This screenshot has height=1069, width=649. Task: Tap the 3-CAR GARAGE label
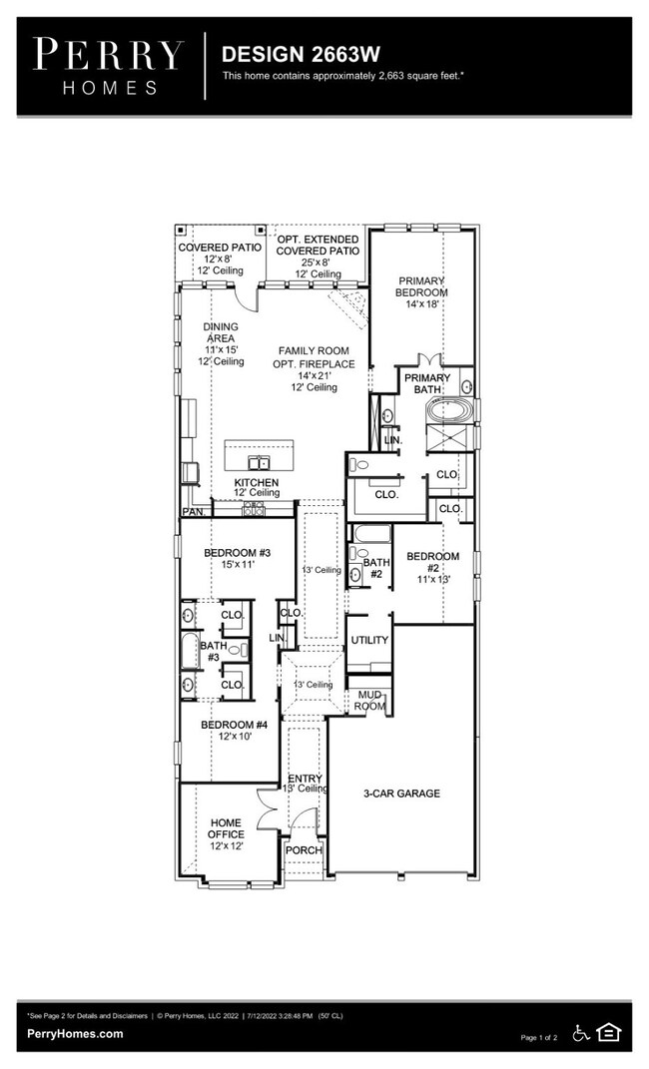401,794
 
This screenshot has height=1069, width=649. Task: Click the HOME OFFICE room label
226,833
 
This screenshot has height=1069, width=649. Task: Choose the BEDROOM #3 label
237,558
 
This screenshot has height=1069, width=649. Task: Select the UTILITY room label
369,640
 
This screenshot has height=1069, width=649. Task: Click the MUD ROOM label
369,700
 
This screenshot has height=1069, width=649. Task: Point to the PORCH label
304,850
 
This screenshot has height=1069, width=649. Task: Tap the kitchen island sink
259,462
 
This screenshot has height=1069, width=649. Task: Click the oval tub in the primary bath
448,410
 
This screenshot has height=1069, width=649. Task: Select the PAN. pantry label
193,512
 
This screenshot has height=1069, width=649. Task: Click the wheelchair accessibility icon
580,1033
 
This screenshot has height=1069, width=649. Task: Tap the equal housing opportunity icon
608,1033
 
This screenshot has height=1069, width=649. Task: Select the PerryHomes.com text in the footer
76,1034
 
